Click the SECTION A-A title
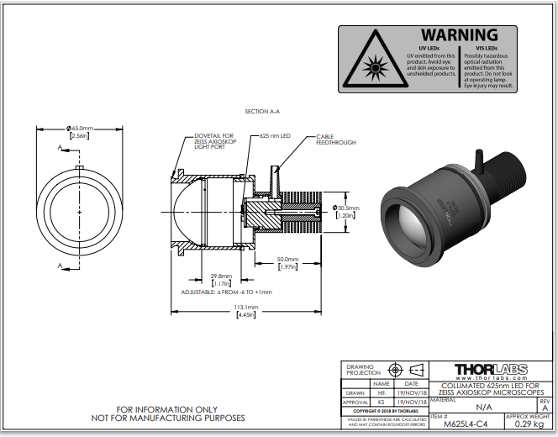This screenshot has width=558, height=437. coord(261,112)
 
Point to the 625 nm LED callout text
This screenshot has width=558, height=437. coord(275,135)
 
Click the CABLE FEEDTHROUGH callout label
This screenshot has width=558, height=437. coord(335,140)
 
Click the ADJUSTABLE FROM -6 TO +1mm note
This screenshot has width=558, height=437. coord(226,292)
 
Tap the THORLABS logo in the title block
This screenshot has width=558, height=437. coord(492,370)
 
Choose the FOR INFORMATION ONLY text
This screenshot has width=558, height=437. coord(167,410)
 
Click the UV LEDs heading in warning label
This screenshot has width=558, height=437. coord(429,47)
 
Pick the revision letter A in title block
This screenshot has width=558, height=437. coord(545,408)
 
